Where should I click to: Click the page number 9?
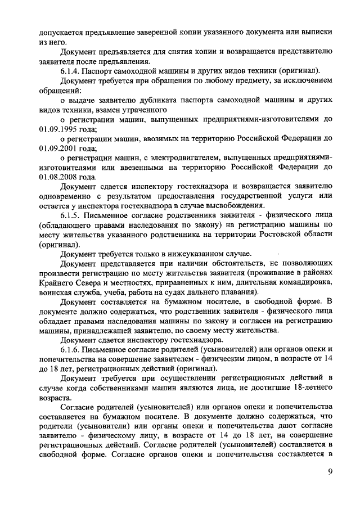coord(330,472)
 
